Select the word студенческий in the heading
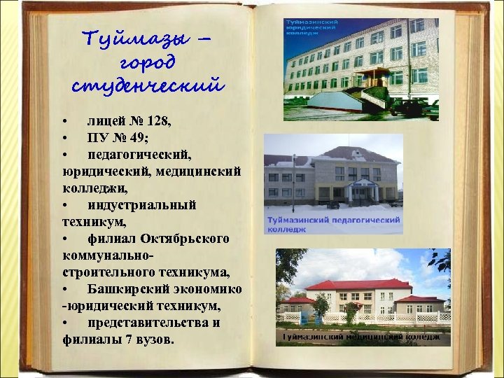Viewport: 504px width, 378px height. tap(148, 86)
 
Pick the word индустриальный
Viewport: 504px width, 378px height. tap(142, 204)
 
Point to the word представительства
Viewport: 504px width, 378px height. tap(153, 323)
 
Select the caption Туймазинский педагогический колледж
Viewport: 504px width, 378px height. tap(333, 224)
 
